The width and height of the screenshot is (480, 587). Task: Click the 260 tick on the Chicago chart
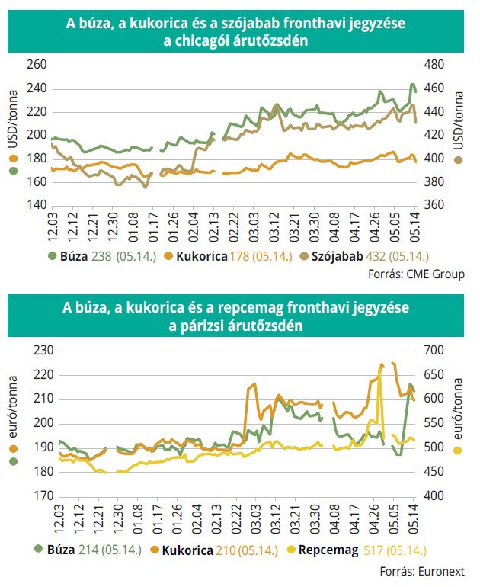point(37,65)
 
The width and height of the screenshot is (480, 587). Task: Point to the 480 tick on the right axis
point(434,65)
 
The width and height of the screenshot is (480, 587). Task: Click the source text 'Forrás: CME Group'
point(416,274)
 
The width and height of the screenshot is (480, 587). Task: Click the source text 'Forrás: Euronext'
point(422,571)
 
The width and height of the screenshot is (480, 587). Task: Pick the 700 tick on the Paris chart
point(434,351)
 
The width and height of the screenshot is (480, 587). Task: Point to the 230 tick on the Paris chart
point(43,351)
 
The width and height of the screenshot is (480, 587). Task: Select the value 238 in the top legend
point(101,256)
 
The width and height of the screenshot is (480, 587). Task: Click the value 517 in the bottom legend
point(373,550)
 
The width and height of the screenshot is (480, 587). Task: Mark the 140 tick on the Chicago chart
point(37,205)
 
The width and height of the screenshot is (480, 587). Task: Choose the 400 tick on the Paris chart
point(434,496)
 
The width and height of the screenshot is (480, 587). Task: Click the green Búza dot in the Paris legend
point(39,549)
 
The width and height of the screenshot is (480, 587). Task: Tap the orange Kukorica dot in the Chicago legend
point(168,256)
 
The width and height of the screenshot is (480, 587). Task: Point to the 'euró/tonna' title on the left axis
point(13,407)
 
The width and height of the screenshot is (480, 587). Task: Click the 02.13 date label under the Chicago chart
point(214,227)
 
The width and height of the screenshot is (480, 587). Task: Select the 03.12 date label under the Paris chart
point(276,519)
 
